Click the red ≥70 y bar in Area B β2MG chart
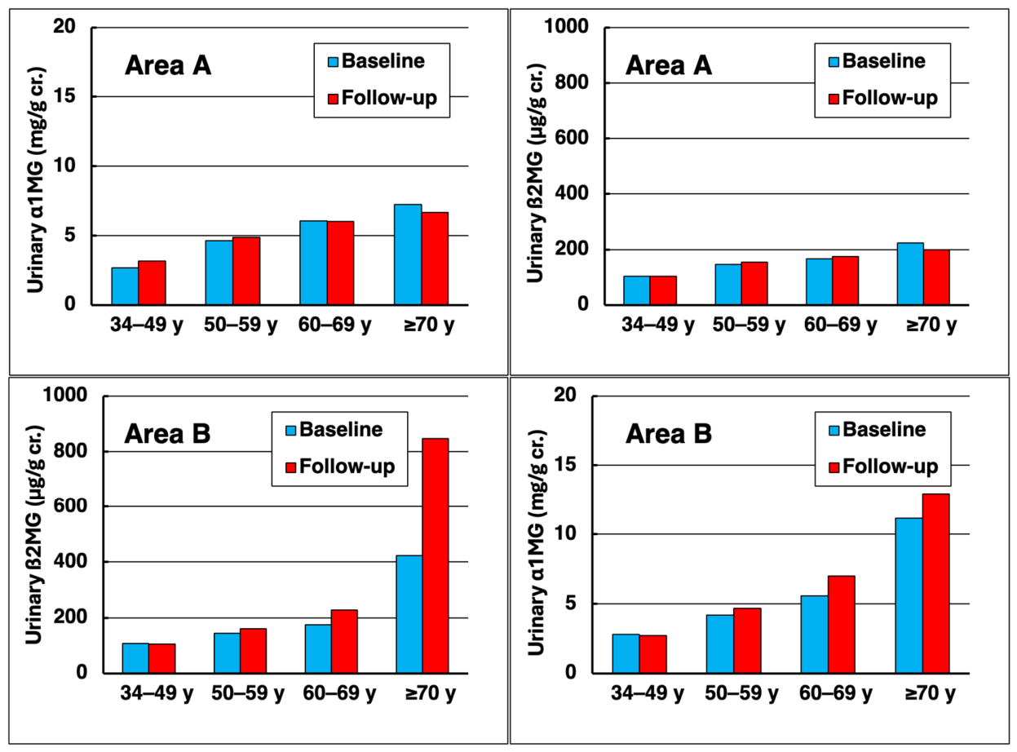436,555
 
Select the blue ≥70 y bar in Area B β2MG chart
409,614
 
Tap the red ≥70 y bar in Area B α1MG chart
935,583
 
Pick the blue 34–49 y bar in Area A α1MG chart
125,286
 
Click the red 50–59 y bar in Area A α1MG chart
246,271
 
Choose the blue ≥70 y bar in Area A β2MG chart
910,274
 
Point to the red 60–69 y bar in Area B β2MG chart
344,642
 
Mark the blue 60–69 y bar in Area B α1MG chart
815,635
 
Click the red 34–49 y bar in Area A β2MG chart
663,290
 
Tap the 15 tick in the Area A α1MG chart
64,96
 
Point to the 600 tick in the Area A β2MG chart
571,138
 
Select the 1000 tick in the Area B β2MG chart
64,395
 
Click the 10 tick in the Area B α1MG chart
565,533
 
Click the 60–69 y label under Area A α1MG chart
334,325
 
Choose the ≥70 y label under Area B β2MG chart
430,693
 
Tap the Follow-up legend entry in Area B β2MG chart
340,467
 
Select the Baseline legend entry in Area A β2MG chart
878,61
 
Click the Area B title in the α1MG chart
669,434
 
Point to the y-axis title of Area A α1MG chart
37,180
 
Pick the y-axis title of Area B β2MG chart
35,535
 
